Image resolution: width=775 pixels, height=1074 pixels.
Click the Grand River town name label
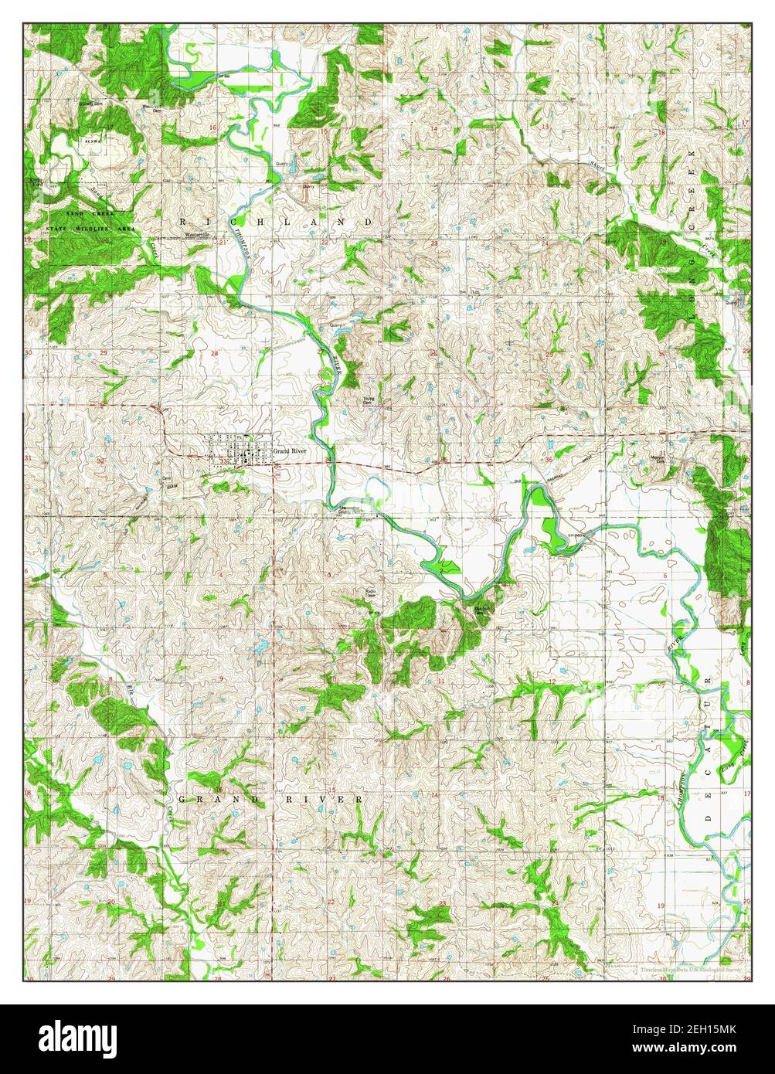tap(288, 450)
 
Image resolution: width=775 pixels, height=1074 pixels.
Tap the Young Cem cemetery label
tap(369, 401)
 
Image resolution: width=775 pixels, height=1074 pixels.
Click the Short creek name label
tap(594, 166)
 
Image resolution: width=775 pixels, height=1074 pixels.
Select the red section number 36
tap(548, 461)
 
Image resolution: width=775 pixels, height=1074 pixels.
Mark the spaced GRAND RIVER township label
tap(270, 798)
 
